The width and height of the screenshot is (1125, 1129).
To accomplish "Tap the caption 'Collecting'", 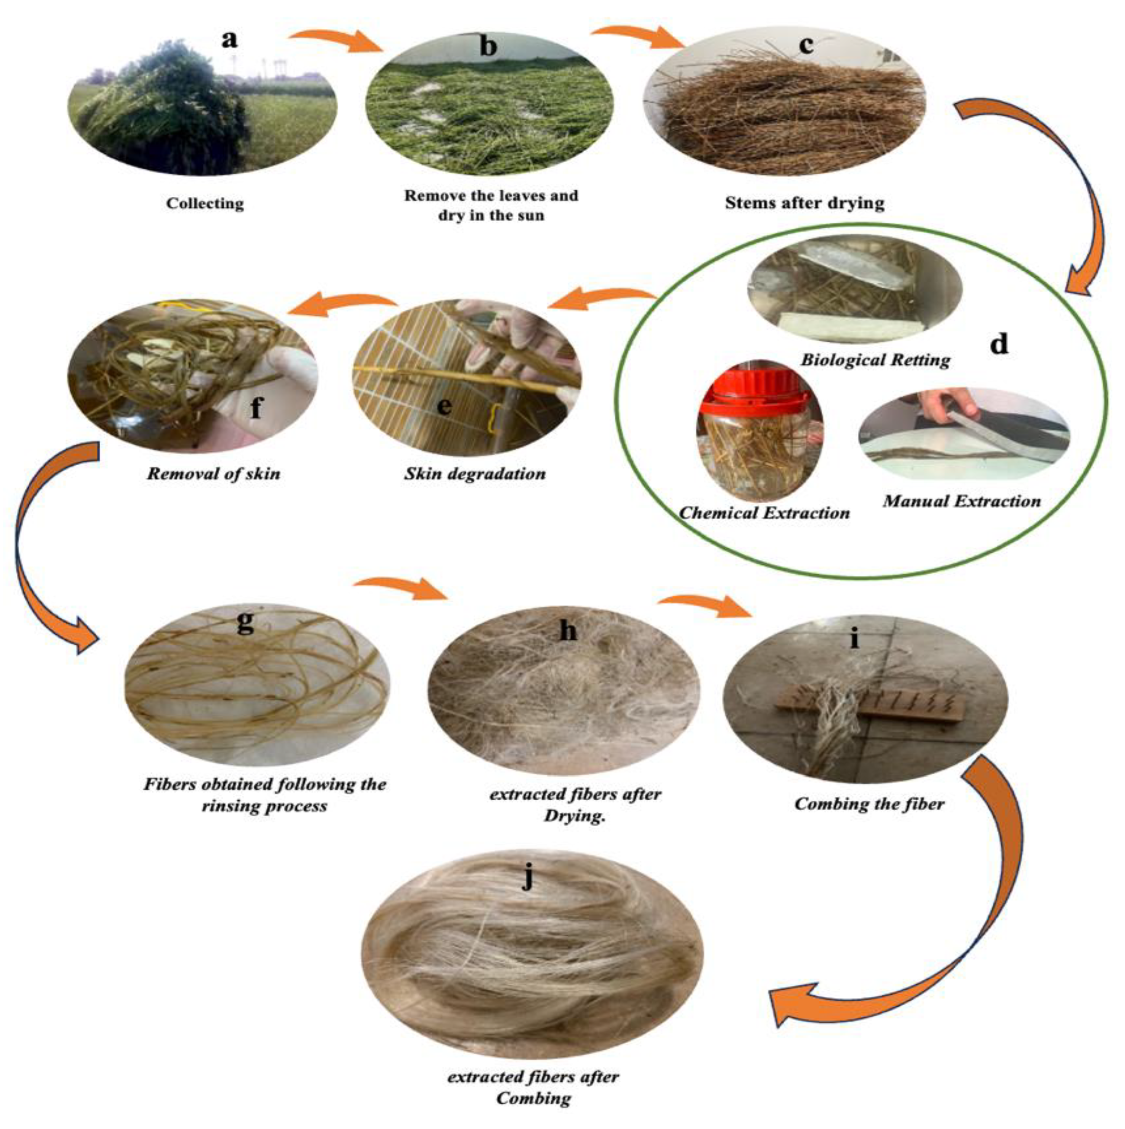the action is (x=205, y=203).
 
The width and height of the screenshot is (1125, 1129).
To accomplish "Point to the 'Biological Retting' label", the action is (x=875, y=359).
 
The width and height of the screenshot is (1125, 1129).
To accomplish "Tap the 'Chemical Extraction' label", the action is (x=764, y=513).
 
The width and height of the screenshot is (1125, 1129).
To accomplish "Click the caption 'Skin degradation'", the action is (x=475, y=473).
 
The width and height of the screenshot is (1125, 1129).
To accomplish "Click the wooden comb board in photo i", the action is (x=868, y=706).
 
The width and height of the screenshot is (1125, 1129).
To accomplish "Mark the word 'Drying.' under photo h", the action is (x=574, y=815).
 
